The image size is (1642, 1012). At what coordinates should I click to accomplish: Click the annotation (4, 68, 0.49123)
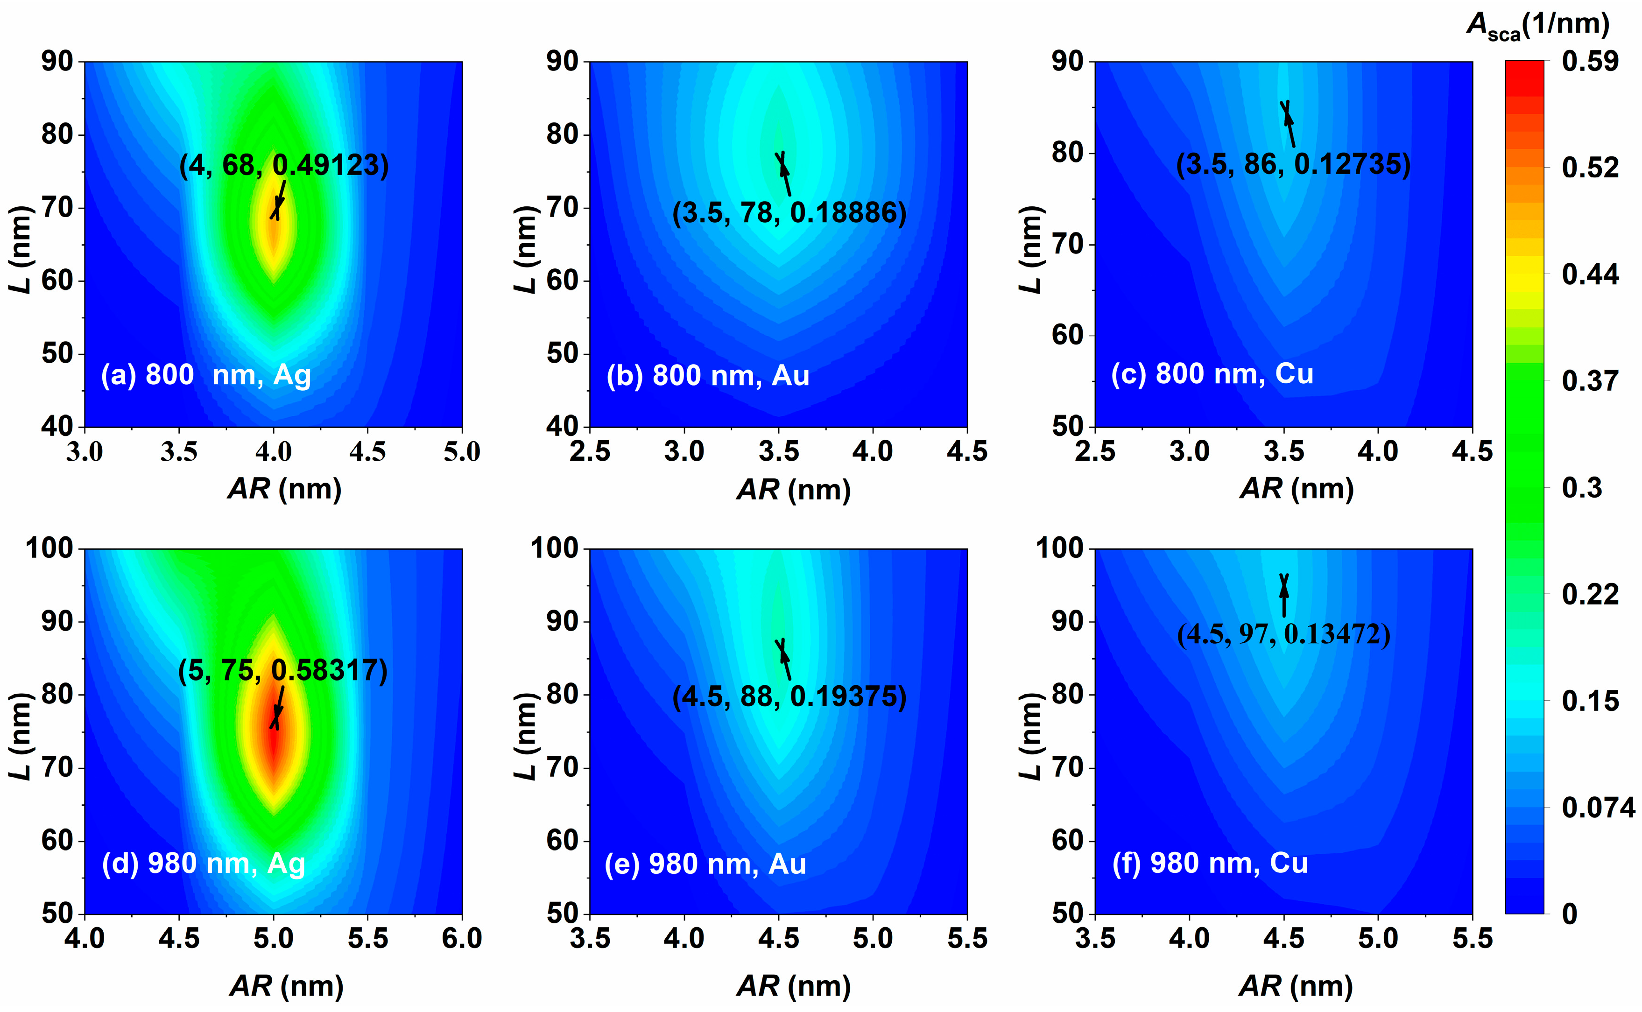tap(284, 165)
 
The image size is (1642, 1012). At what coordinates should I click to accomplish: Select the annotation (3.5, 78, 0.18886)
tap(789, 213)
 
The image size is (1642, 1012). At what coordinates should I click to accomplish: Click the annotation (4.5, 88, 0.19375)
tap(789, 697)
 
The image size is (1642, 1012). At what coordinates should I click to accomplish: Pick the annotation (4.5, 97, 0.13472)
tap(1283, 634)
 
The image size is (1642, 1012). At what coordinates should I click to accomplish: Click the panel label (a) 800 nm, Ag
tap(205, 375)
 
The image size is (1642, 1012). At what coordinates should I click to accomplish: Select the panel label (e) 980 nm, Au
tap(705, 864)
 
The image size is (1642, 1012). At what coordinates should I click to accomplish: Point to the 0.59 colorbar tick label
tap(1590, 62)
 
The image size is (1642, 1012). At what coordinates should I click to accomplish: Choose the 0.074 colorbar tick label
tap(1598, 808)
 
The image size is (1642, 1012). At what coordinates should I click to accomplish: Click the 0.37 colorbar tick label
tap(1590, 381)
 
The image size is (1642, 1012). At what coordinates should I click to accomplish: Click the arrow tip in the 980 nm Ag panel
tap(275, 725)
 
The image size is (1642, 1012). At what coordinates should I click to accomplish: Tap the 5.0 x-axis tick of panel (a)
tap(462, 452)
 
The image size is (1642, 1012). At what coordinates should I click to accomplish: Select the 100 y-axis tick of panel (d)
tap(49, 549)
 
